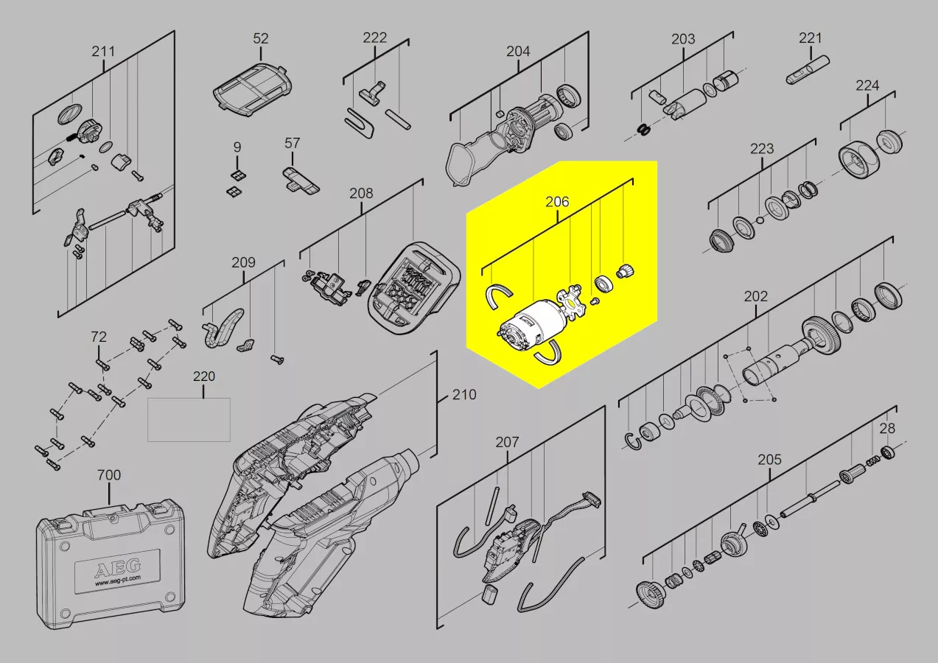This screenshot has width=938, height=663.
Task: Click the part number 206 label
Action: coord(557,202)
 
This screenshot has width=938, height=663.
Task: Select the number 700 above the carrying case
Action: coord(109,474)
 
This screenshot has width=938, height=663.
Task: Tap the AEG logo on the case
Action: coord(118,568)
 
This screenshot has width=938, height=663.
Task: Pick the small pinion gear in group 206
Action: coord(625,272)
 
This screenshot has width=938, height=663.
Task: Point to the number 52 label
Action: coord(260,38)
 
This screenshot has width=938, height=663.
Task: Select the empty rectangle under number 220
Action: coord(189,419)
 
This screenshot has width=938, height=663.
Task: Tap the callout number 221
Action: coord(810,38)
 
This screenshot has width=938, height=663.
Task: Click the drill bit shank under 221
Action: coord(808,69)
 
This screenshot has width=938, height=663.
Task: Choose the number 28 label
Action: coord(887,428)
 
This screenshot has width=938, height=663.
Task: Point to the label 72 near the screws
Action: coord(99,337)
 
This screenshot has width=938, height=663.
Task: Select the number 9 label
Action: coord(237,147)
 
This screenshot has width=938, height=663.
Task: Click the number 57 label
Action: coord(292,143)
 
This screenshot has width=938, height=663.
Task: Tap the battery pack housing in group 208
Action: coord(413,288)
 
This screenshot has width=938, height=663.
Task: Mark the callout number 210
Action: coord(464,395)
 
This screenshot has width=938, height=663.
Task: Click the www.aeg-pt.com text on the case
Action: coord(118,580)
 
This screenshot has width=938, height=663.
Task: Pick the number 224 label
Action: coord(867,85)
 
